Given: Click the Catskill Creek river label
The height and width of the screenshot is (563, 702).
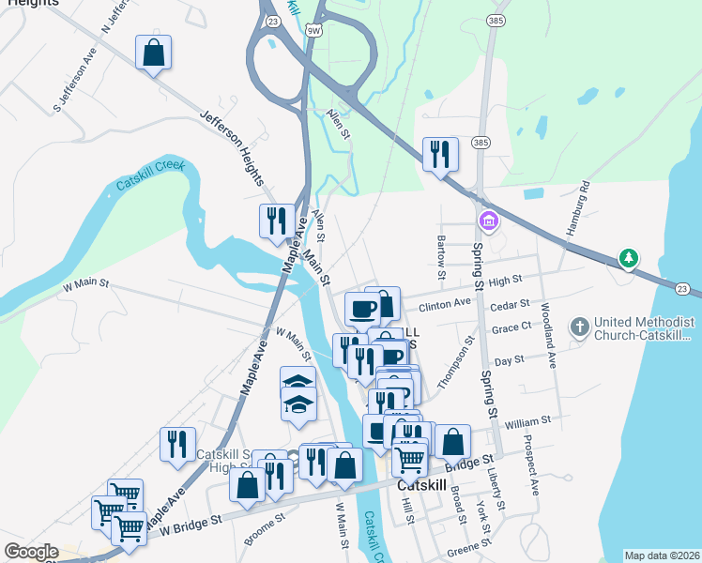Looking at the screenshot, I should tap(151, 175).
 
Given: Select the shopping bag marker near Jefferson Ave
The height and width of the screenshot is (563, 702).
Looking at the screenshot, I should tap(153, 53).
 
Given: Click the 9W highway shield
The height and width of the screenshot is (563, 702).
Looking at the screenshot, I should tap(313, 31).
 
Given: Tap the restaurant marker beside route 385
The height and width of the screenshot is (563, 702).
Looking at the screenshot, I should tap(440, 154).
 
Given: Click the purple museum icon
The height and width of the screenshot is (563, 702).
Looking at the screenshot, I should tap(489, 221).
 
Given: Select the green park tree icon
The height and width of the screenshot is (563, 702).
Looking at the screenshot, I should tap(628, 257).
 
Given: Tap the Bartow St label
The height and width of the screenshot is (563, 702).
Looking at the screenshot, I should tap(440, 257).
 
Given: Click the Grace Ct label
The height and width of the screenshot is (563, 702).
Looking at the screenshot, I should tap(511, 329).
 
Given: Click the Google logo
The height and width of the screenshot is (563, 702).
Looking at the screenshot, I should tap(31, 551).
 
